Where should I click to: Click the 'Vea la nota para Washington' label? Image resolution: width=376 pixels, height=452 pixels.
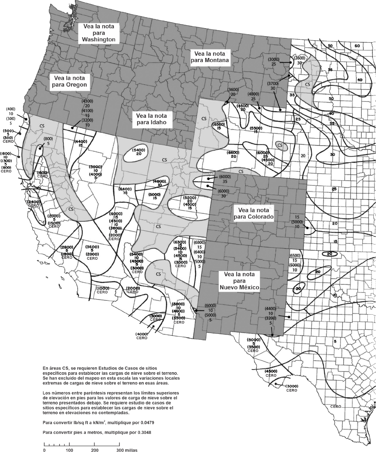[99, 33]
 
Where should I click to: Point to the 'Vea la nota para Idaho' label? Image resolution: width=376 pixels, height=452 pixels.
[151, 119]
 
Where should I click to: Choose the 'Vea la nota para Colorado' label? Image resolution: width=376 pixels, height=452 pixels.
[253, 213]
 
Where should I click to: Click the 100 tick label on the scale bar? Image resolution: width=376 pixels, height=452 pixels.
[69, 450]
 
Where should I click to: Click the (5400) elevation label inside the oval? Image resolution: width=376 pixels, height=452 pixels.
[139, 150]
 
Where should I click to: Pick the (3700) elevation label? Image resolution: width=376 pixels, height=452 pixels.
[272, 83]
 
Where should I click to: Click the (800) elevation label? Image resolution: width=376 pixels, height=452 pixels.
[48, 139]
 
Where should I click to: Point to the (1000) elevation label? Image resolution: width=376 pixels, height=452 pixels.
[102, 288]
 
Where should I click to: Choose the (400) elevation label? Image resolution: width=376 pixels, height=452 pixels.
[11, 109]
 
